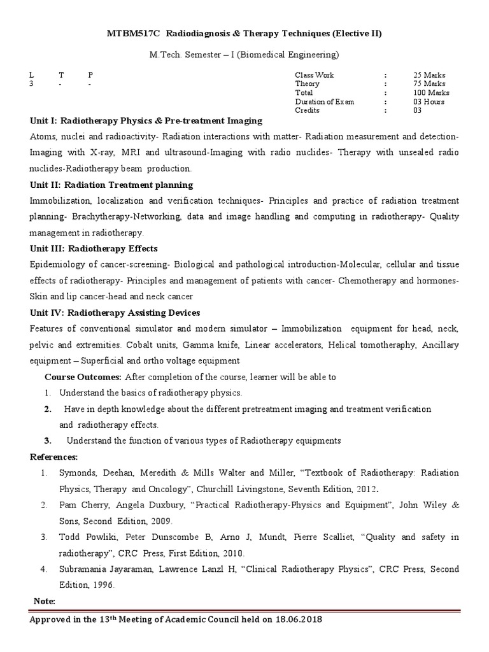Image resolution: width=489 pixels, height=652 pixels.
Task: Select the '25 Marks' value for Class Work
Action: point(429,75)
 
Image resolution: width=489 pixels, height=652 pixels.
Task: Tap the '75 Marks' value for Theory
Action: point(429,84)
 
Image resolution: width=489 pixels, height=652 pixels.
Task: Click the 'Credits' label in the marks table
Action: point(307,111)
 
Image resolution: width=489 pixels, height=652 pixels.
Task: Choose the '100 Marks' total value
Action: point(431,93)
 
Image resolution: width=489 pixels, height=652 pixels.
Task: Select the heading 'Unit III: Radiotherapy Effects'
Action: point(94,248)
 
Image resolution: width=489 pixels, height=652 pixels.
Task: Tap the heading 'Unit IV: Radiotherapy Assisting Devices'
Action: point(115,313)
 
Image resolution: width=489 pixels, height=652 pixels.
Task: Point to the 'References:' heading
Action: point(54,457)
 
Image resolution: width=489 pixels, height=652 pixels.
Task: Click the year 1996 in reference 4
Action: point(97,585)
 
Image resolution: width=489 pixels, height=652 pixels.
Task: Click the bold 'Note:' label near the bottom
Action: point(44,601)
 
